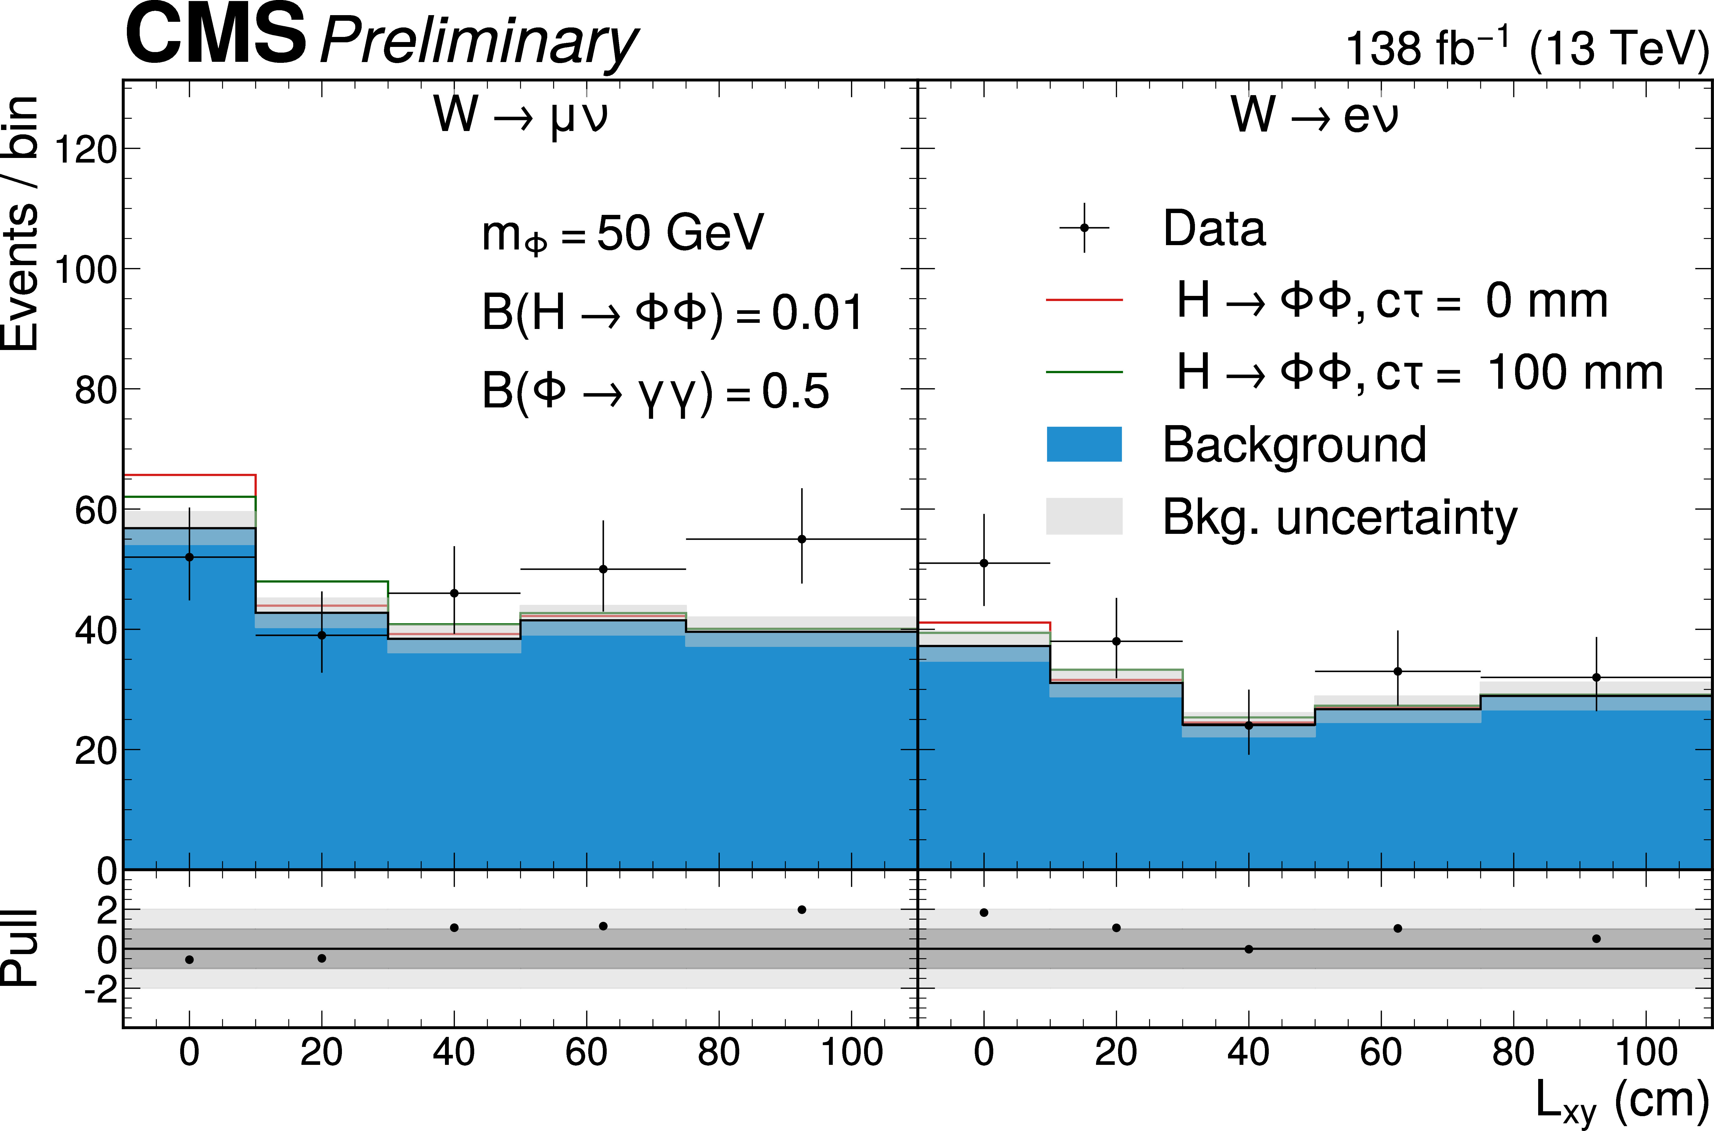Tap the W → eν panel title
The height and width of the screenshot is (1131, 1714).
[x=1314, y=115]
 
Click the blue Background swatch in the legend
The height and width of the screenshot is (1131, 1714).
[x=1084, y=444]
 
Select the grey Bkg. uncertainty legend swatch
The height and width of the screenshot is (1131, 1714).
[x=1084, y=516]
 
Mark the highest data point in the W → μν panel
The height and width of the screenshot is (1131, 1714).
[x=802, y=539]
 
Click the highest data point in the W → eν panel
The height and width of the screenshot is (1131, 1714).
[x=983, y=563]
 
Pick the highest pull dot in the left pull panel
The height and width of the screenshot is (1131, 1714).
[x=802, y=909]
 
